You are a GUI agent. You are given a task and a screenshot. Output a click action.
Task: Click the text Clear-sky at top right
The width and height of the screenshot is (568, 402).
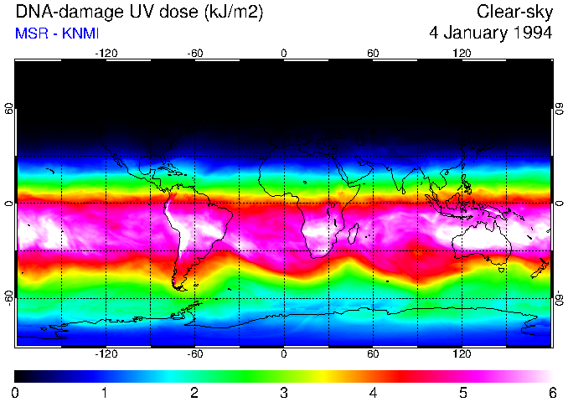[514, 13]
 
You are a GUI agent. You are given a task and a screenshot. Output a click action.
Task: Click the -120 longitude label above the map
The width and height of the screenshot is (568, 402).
[106, 53]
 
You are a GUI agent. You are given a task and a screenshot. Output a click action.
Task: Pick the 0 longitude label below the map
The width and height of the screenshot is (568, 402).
[284, 354]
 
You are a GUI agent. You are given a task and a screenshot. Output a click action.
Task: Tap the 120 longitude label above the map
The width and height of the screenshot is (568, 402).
[462, 53]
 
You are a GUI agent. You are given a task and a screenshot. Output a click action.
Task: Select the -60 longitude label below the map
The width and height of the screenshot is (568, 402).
[195, 354]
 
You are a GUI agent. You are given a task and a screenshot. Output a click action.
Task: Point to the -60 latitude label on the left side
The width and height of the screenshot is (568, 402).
[9, 298]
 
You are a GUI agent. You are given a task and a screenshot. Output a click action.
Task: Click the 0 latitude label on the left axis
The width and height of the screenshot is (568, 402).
[9, 204]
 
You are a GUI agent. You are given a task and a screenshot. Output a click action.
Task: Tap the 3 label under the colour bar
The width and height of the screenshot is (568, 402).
[284, 392]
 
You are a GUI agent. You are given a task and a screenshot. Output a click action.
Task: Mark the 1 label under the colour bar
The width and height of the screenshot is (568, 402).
[105, 392]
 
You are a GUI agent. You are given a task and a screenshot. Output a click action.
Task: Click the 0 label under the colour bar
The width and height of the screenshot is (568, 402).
[16, 392]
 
